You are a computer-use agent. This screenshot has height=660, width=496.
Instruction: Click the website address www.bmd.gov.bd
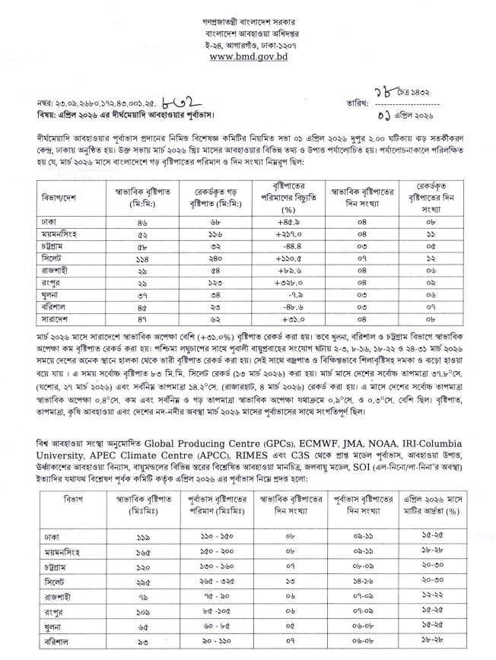249,56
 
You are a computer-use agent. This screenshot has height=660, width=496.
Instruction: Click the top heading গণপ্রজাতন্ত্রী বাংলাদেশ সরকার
249,16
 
